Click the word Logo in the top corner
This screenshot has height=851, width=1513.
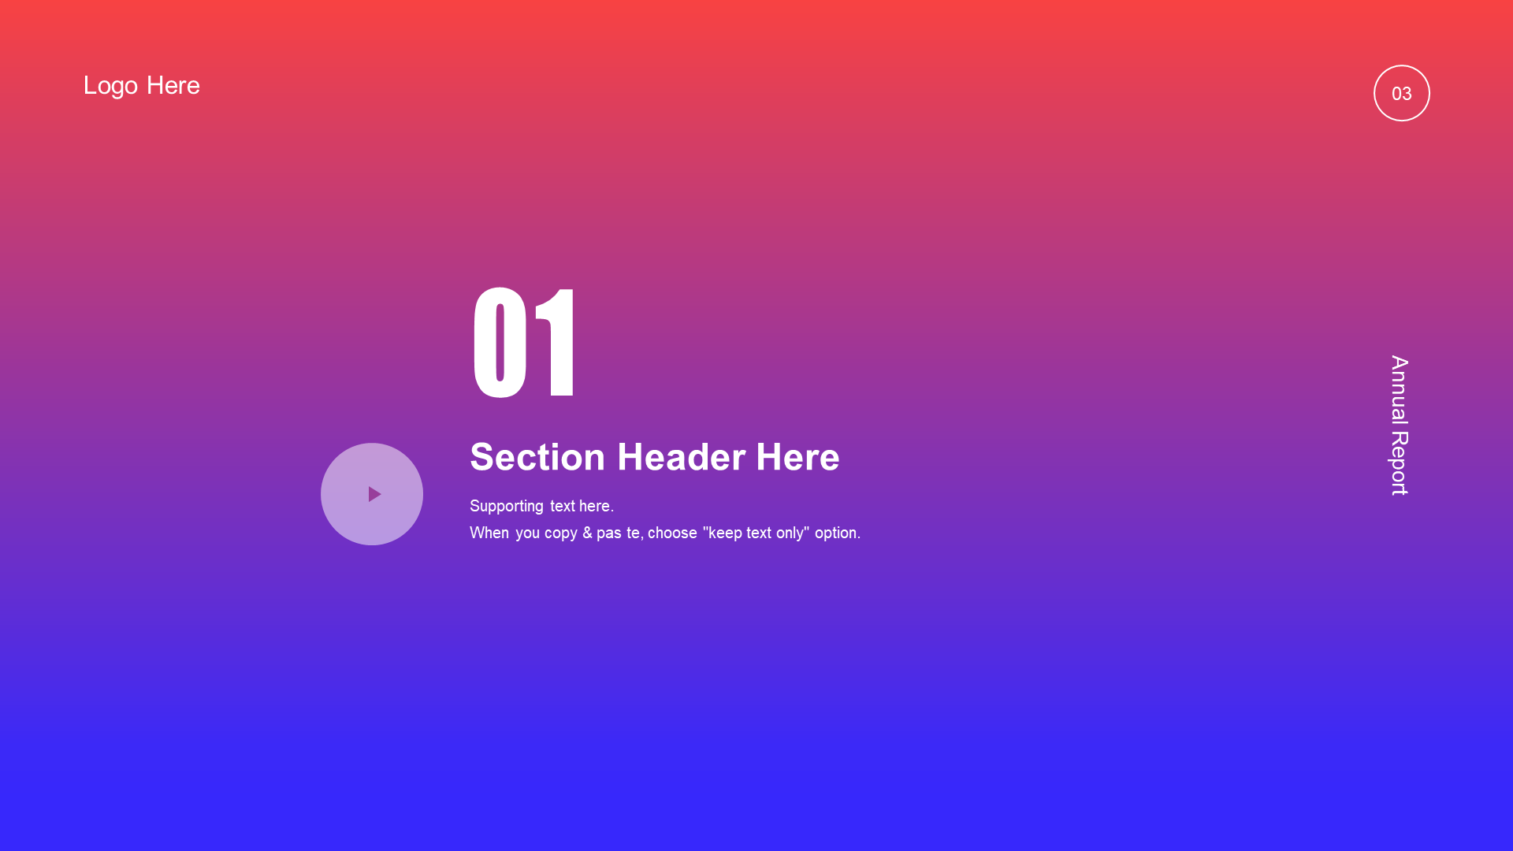point(110,86)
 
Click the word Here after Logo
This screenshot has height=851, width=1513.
point(173,85)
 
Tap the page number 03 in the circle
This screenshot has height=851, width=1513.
point(1402,94)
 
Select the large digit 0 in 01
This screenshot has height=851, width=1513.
point(500,343)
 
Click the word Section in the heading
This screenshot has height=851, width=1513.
point(537,457)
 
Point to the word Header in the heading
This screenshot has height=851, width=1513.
point(681,457)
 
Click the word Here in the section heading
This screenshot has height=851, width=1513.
point(797,457)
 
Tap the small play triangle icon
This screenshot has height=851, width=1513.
point(374,494)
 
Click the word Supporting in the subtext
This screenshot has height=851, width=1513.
point(507,507)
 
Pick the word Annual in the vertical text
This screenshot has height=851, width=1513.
point(1400,389)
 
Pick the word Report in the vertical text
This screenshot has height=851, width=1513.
point(1400,463)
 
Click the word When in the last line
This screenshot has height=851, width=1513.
point(489,533)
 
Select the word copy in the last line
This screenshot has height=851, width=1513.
point(561,534)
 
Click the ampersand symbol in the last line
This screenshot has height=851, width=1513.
point(587,533)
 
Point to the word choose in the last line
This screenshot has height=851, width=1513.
point(672,533)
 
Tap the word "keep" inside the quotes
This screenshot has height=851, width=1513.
point(723,533)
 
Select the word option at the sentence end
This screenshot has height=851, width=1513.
point(836,533)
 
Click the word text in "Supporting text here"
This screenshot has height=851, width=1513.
point(563,507)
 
